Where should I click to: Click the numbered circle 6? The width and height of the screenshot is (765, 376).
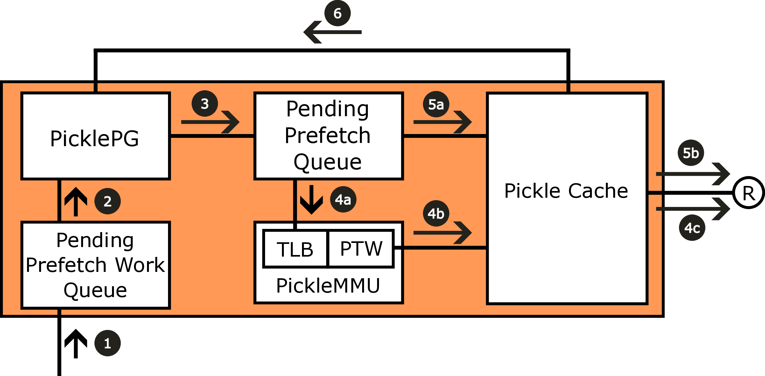click(337, 13)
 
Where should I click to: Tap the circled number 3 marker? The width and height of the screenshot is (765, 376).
click(205, 103)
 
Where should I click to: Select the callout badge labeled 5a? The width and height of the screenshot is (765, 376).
click(436, 104)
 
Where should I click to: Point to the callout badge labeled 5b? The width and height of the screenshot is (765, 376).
click(691, 153)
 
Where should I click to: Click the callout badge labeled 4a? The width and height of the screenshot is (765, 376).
click(343, 199)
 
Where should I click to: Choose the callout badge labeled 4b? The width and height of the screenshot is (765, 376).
click(436, 213)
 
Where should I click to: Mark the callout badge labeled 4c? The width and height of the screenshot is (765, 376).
click(692, 228)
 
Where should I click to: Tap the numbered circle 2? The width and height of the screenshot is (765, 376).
click(108, 201)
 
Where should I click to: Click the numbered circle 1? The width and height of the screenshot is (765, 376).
click(108, 343)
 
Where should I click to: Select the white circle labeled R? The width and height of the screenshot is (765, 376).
click(748, 193)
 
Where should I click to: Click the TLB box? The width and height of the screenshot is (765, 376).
click(295, 249)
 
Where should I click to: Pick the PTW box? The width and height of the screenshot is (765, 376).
click(361, 248)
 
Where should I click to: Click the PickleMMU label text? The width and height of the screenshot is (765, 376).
click(328, 286)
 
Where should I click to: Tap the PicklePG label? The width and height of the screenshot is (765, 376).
click(95, 138)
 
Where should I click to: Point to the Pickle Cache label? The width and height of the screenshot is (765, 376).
click(566, 191)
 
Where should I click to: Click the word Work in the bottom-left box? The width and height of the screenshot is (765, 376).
click(140, 265)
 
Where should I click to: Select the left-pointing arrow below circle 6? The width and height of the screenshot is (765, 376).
click(331, 32)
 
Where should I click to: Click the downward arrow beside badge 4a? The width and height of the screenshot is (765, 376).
click(311, 200)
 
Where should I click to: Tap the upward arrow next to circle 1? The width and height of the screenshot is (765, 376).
click(76, 344)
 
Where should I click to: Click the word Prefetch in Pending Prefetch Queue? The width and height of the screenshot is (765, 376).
click(327, 136)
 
